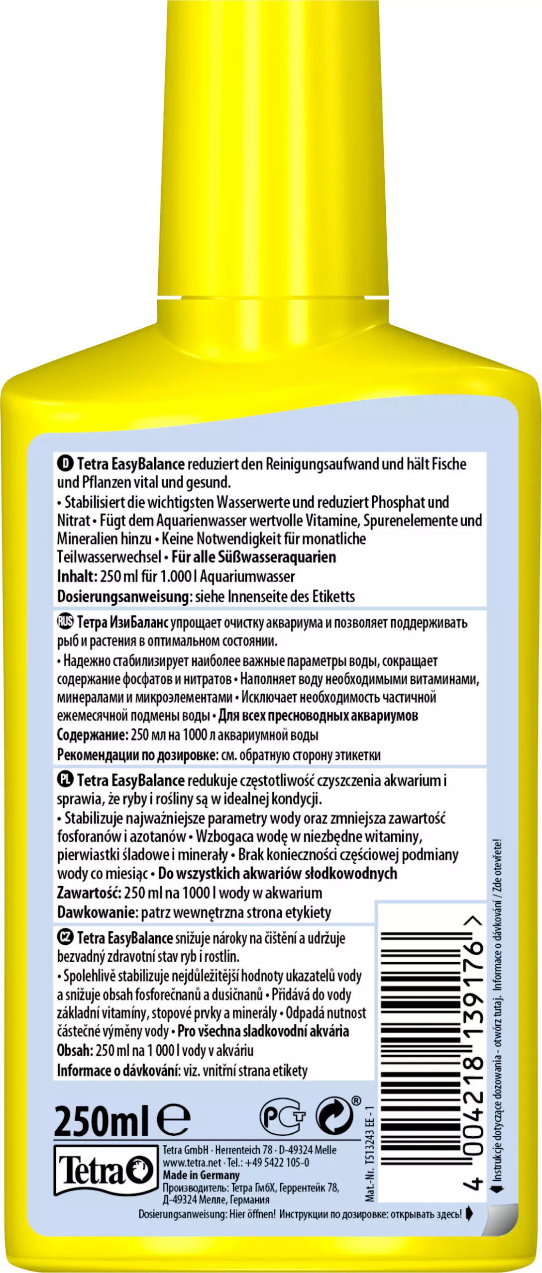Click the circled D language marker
pyautogui.click(x=65, y=463)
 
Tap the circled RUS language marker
pyautogui.click(x=65, y=622)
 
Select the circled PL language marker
pyautogui.click(x=65, y=780)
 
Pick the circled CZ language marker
pyautogui.click(x=65, y=937)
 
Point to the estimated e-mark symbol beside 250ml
pyautogui.click(x=173, y=1120)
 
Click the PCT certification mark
pyautogui.click(x=282, y=1117)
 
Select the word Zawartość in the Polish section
pyautogui.click(x=89, y=893)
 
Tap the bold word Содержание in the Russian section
pyautogui.click(x=92, y=735)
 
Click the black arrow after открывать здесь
pyautogui.click(x=469, y=1214)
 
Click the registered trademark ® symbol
pyautogui.click(x=356, y=1101)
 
